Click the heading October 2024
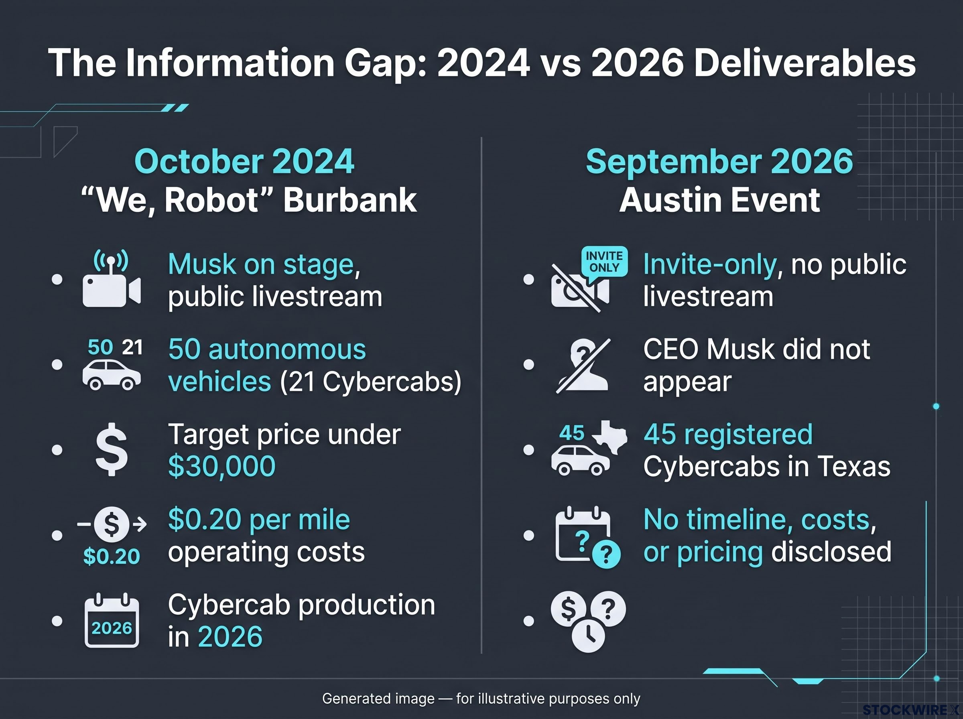[244, 161]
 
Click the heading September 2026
[719, 161]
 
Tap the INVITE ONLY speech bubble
[604, 262]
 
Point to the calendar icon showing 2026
[112, 620]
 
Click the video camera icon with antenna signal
[112, 278]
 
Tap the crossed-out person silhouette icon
[583, 366]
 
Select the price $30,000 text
[222, 466]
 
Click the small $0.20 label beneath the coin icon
[112, 556]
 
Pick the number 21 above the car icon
[132, 347]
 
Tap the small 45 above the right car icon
[572, 433]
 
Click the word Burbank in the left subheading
[350, 200]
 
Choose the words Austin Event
[720, 200]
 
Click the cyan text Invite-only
[710, 264]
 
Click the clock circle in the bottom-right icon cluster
[588, 636]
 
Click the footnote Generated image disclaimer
[481, 699]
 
